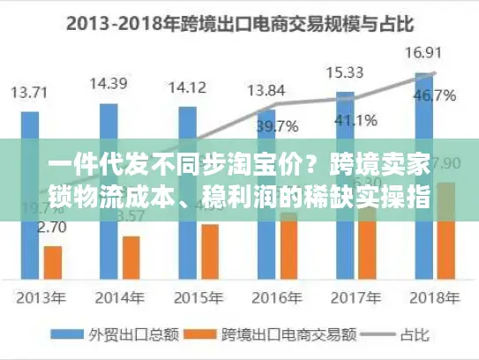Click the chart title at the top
point(238,23)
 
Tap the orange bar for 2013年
point(53,262)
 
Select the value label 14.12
point(186,87)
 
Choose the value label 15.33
point(344,71)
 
